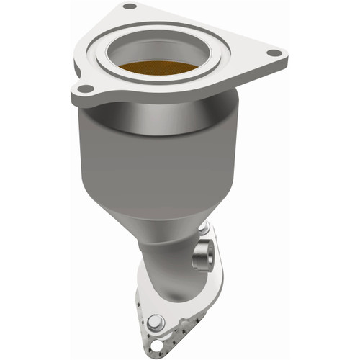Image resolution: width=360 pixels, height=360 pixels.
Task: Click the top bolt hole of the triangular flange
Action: click(130, 6)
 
